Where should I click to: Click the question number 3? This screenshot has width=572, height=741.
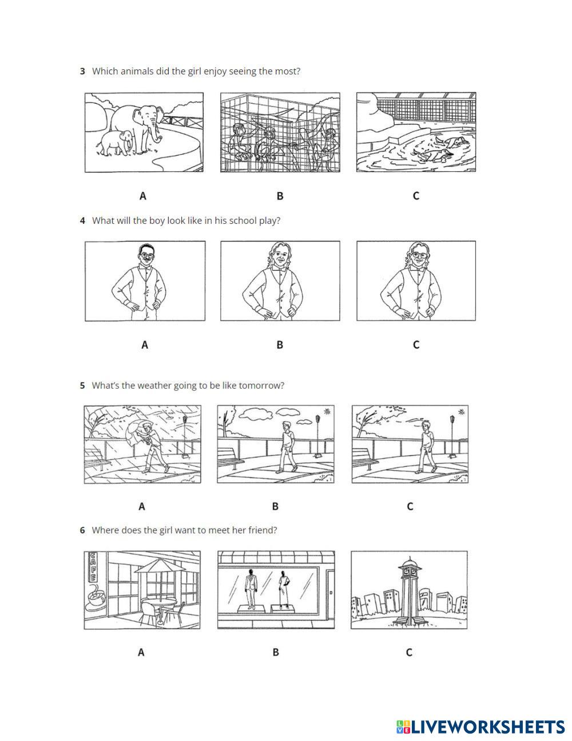click(x=82, y=72)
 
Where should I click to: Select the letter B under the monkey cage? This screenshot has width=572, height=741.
click(x=280, y=196)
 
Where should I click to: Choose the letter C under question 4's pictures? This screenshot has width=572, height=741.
click(x=416, y=345)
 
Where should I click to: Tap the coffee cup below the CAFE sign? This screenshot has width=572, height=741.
click(x=96, y=599)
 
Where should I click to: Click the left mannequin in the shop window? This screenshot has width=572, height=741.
click(x=251, y=586)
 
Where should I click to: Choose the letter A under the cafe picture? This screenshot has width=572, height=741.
click(x=141, y=652)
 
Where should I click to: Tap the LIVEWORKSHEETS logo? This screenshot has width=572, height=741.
click(x=480, y=727)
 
